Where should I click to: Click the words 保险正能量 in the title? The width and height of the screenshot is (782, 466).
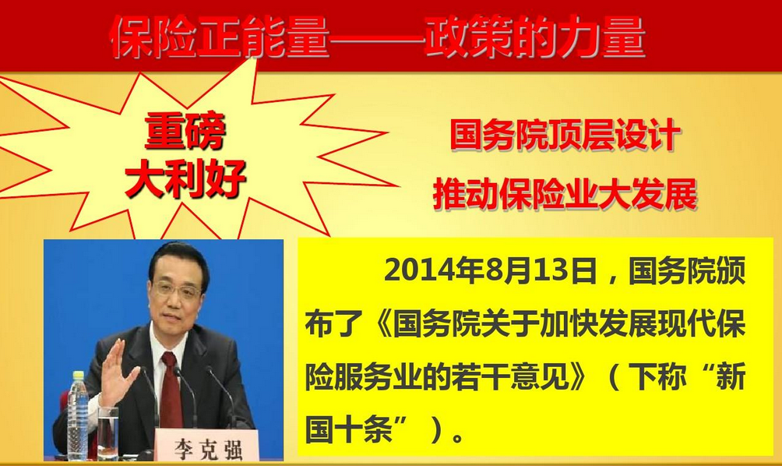tap(220, 36)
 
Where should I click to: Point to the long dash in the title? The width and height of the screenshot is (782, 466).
tap(376, 37)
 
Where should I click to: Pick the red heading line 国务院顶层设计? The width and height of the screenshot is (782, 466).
tap(562, 138)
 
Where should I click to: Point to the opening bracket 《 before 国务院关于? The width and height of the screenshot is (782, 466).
tap(379, 324)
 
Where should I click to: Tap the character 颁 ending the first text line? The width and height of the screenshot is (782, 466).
tap(731, 272)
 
